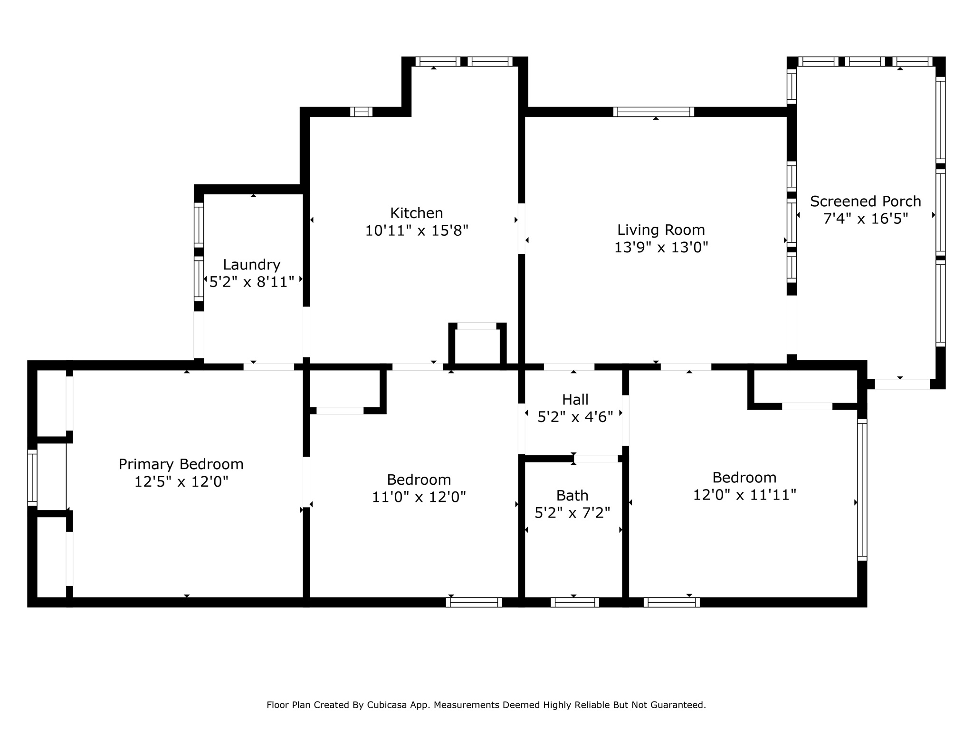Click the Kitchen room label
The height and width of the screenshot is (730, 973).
point(416,213)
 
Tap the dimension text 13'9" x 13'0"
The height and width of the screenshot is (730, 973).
point(661,248)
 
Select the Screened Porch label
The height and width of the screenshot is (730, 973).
point(865,202)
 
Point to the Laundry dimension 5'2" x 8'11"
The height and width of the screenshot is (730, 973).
point(252,282)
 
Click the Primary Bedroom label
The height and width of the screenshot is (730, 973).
point(181,464)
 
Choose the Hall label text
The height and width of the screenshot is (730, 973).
point(575,400)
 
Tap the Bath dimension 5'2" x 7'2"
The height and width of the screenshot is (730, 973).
point(572,513)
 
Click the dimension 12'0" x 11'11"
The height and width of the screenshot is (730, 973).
point(744,495)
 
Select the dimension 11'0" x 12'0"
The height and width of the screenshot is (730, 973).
point(419,497)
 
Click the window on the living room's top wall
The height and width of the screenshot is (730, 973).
point(653,112)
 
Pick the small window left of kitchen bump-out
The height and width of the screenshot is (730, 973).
point(361,112)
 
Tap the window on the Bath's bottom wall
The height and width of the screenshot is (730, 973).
point(574,602)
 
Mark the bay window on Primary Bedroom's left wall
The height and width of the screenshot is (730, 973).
point(32,477)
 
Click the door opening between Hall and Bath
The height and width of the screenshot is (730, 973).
point(596,459)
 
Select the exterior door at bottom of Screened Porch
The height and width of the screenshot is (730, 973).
point(902,384)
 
